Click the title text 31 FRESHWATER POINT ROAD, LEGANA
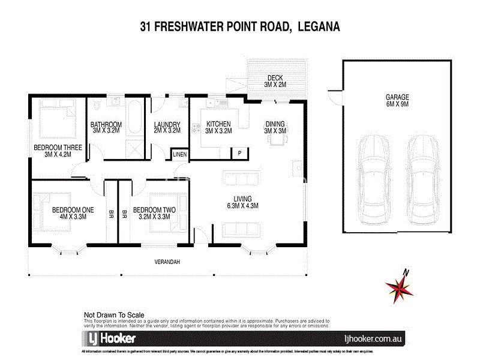coord(240,26)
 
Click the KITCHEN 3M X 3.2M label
coord(218,127)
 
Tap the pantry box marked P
coord(239,152)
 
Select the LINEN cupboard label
coord(180,155)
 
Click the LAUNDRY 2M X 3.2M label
coord(167,127)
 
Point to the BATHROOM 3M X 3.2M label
coord(106,127)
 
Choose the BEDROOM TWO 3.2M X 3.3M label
coord(154,214)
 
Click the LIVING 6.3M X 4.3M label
coord(242,202)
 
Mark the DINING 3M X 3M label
coord(275,127)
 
